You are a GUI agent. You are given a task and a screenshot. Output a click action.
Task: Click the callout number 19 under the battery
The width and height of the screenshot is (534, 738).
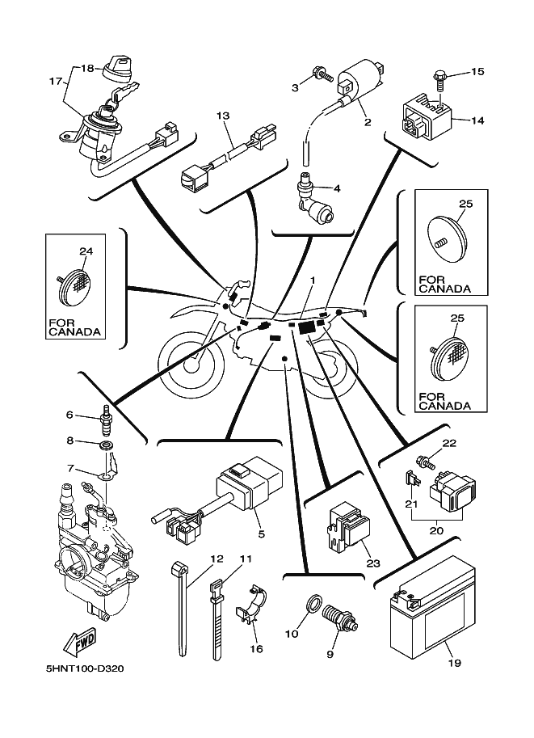pos(453,664)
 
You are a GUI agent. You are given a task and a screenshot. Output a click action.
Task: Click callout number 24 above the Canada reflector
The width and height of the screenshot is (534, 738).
pos(86,251)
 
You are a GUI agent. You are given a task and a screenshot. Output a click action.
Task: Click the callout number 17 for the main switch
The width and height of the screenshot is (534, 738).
pos(56,81)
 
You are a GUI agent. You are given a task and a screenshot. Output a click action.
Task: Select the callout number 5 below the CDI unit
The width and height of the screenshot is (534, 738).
pos(262,534)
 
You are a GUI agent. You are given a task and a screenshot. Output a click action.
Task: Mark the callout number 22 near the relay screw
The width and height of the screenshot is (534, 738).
pos(449,442)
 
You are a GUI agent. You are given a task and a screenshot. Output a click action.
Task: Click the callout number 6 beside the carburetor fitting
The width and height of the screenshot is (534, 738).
pos(69,415)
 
